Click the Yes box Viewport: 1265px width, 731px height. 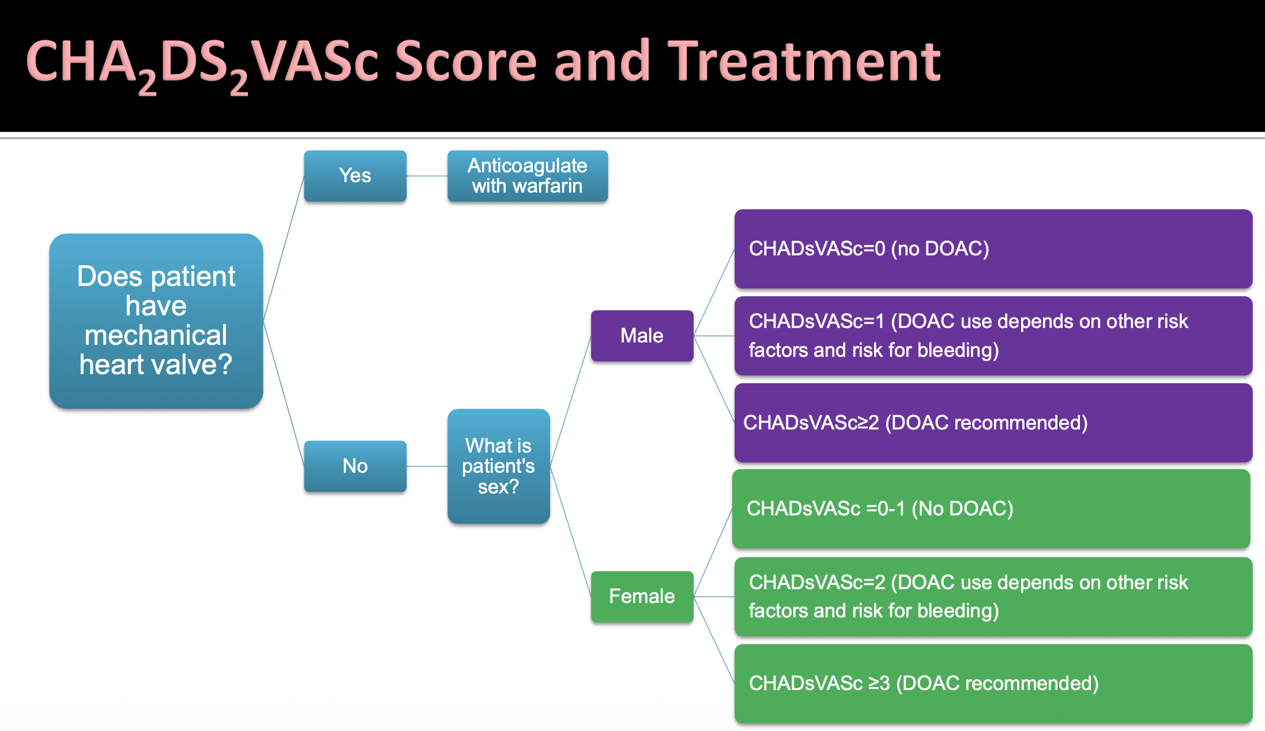(x=355, y=176)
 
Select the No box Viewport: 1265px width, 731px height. (x=355, y=466)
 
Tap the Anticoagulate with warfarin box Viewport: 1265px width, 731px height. (x=527, y=176)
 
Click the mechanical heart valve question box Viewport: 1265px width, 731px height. (x=156, y=321)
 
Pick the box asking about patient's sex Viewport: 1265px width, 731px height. (x=498, y=466)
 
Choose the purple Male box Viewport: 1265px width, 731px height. (x=642, y=336)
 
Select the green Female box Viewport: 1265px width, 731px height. (x=642, y=596)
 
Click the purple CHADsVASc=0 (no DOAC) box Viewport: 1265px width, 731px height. (x=993, y=249)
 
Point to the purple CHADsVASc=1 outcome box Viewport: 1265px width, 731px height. (x=993, y=336)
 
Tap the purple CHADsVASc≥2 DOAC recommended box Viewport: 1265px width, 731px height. (x=993, y=423)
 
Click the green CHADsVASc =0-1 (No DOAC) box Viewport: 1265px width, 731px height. (x=991, y=508)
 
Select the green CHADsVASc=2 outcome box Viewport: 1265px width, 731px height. (x=993, y=596)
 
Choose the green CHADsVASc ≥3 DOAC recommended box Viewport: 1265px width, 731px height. (x=993, y=683)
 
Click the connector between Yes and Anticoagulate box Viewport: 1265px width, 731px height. (x=427, y=176)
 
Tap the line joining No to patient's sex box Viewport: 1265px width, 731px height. (x=427, y=466)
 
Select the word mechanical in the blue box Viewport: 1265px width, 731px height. (x=156, y=336)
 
